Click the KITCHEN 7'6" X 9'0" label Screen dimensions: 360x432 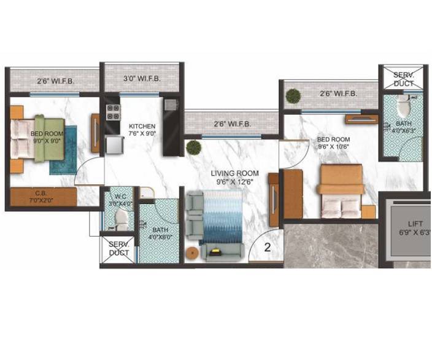coord(142,130)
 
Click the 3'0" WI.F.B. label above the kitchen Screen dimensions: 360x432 coord(142,79)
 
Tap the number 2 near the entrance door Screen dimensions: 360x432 coord(268,248)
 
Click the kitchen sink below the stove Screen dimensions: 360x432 coord(114,144)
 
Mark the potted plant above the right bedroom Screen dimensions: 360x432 coord(293,96)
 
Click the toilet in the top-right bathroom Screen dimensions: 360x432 coord(403,106)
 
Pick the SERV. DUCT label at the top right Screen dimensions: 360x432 coord(403,77)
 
